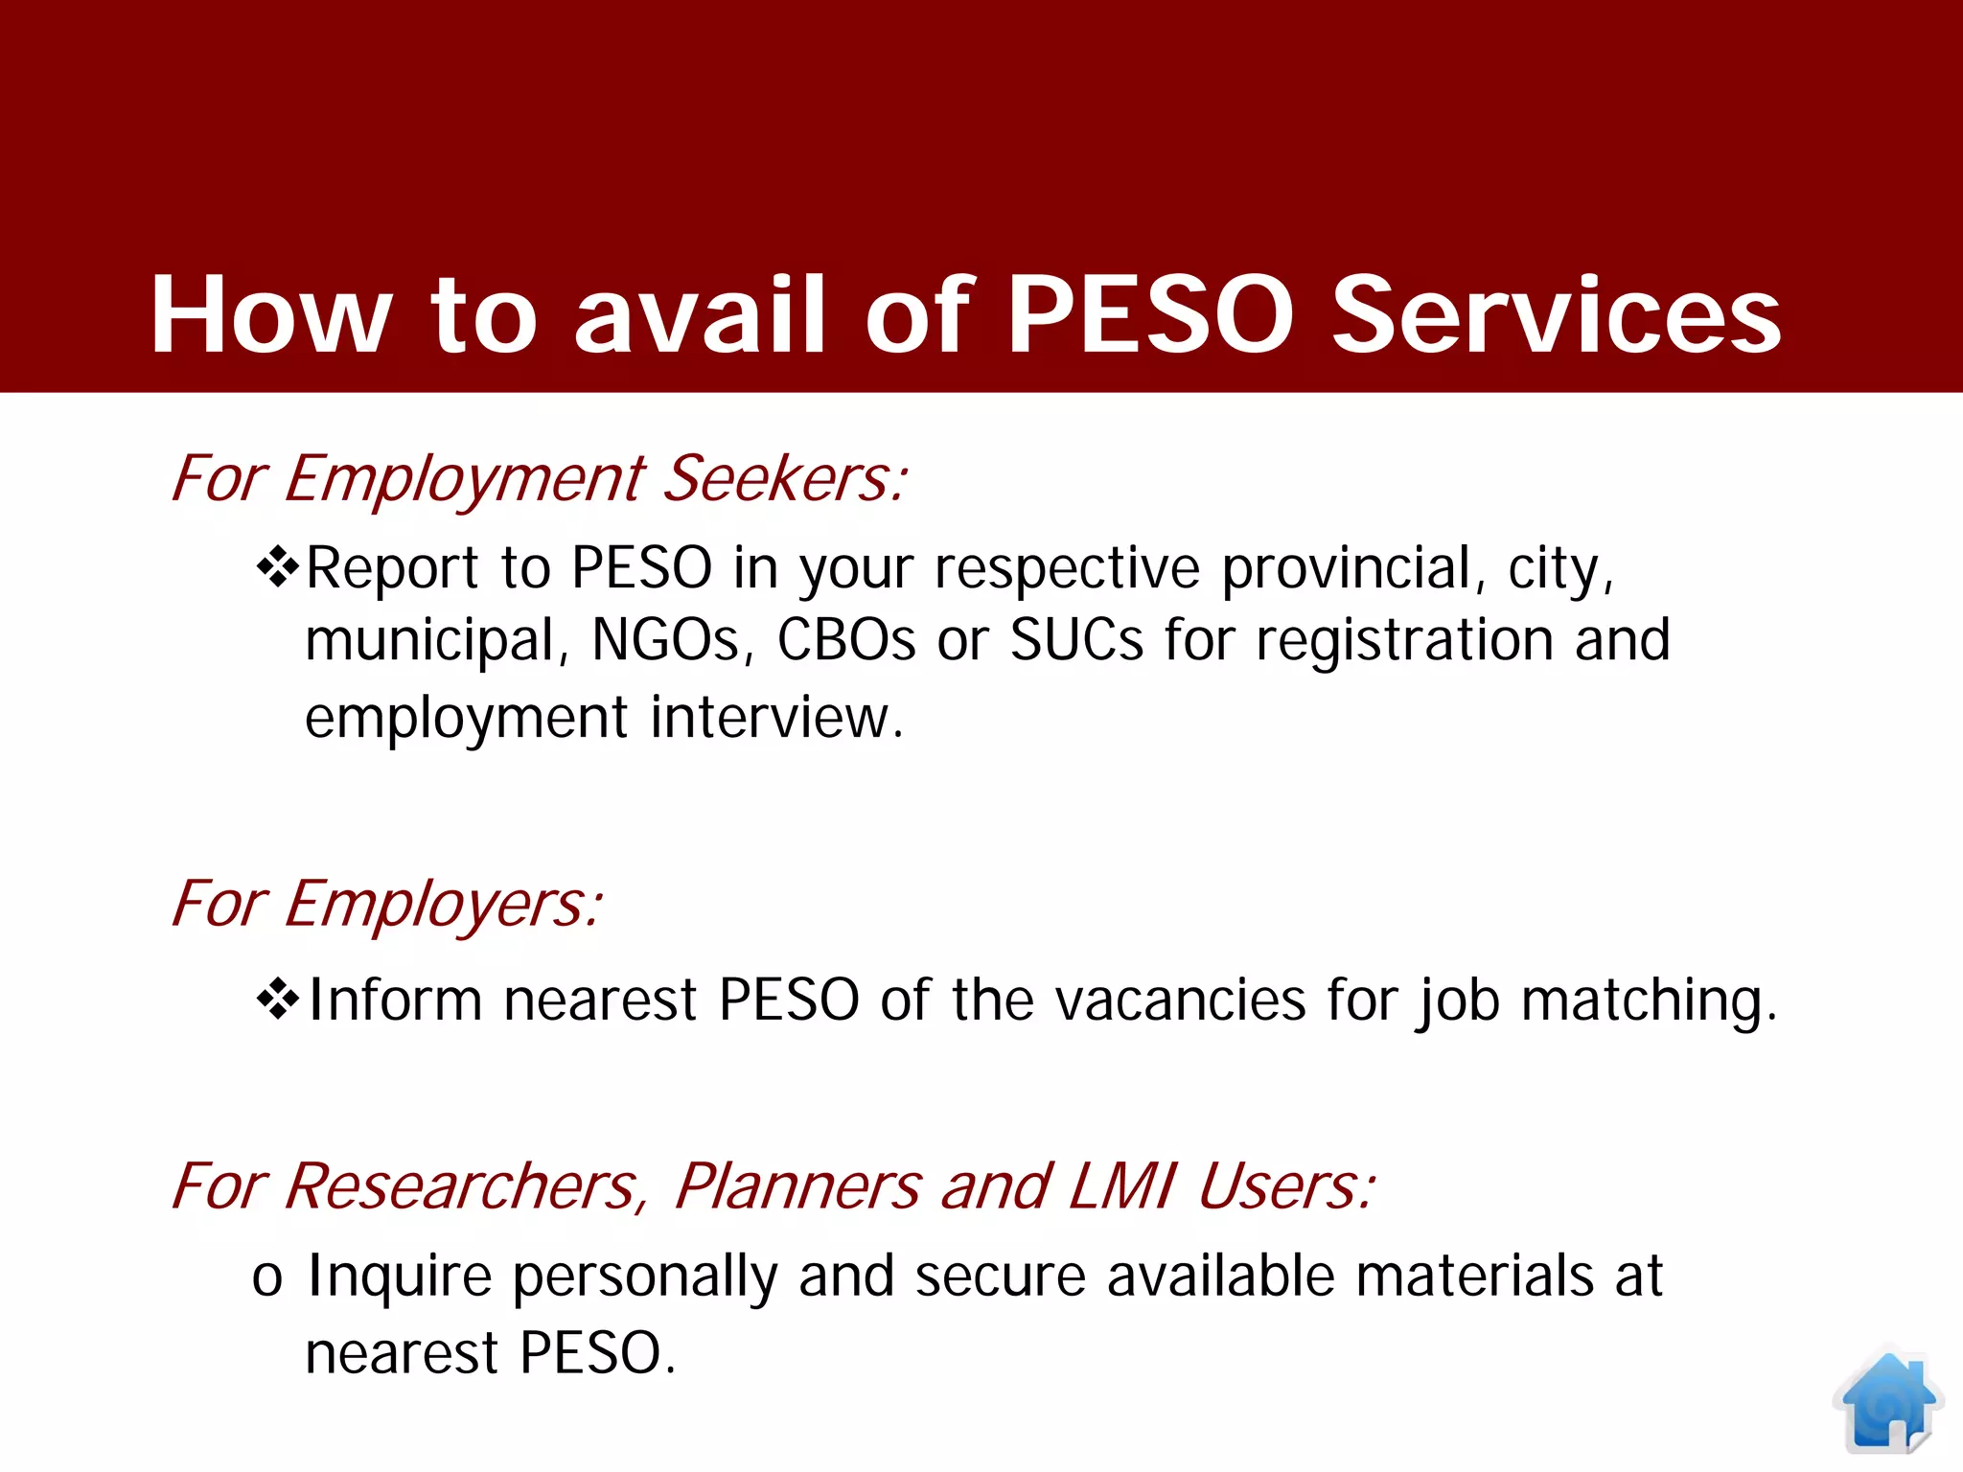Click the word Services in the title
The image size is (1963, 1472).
[x=1557, y=314]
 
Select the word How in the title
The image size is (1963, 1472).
[x=271, y=314]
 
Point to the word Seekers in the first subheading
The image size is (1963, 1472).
[x=784, y=478]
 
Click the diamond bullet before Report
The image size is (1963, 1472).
[x=278, y=566]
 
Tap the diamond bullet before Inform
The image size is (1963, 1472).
[x=278, y=999]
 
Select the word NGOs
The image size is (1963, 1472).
[x=666, y=640]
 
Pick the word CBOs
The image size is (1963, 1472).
[x=845, y=640]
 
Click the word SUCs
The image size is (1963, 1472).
[x=1076, y=640]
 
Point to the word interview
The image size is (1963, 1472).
[x=776, y=717]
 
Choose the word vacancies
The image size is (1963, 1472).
[x=1181, y=1000]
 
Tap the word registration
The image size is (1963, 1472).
[x=1404, y=640]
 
